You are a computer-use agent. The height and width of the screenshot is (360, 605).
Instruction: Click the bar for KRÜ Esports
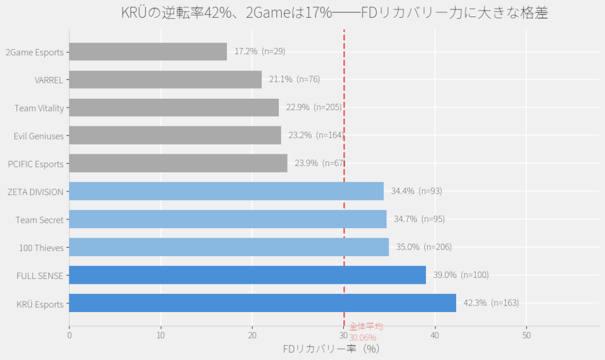point(262,303)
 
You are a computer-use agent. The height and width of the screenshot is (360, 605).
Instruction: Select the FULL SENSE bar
point(247,275)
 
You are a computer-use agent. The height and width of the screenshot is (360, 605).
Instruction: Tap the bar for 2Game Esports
point(148,51)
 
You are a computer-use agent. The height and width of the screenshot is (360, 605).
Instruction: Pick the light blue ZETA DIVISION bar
point(226,191)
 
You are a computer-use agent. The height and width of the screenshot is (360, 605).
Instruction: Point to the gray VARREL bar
point(165,80)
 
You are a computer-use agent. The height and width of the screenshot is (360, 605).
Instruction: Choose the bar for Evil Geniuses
point(175,135)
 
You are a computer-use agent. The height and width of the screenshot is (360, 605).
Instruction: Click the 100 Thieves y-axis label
point(41,248)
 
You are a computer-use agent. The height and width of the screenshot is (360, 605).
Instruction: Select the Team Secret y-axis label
point(40,220)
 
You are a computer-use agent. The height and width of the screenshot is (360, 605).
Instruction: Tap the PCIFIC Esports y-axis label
point(35,164)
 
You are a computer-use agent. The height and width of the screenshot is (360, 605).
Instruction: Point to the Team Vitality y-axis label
point(39,108)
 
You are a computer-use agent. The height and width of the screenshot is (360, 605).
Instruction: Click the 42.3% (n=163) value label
point(491,303)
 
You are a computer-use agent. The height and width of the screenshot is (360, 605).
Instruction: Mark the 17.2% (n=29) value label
point(260,51)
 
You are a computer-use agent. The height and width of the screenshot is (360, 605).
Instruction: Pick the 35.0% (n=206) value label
point(424,247)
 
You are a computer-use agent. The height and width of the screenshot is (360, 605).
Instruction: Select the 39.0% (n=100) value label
point(461,275)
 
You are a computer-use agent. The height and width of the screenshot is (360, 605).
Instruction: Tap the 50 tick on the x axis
point(526,336)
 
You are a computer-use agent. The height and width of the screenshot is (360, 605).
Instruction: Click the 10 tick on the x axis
point(161,336)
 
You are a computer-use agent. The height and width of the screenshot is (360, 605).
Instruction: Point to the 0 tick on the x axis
point(69,336)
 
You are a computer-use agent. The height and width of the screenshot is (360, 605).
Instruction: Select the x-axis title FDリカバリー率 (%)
point(331,349)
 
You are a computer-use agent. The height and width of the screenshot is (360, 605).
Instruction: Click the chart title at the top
point(334,12)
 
